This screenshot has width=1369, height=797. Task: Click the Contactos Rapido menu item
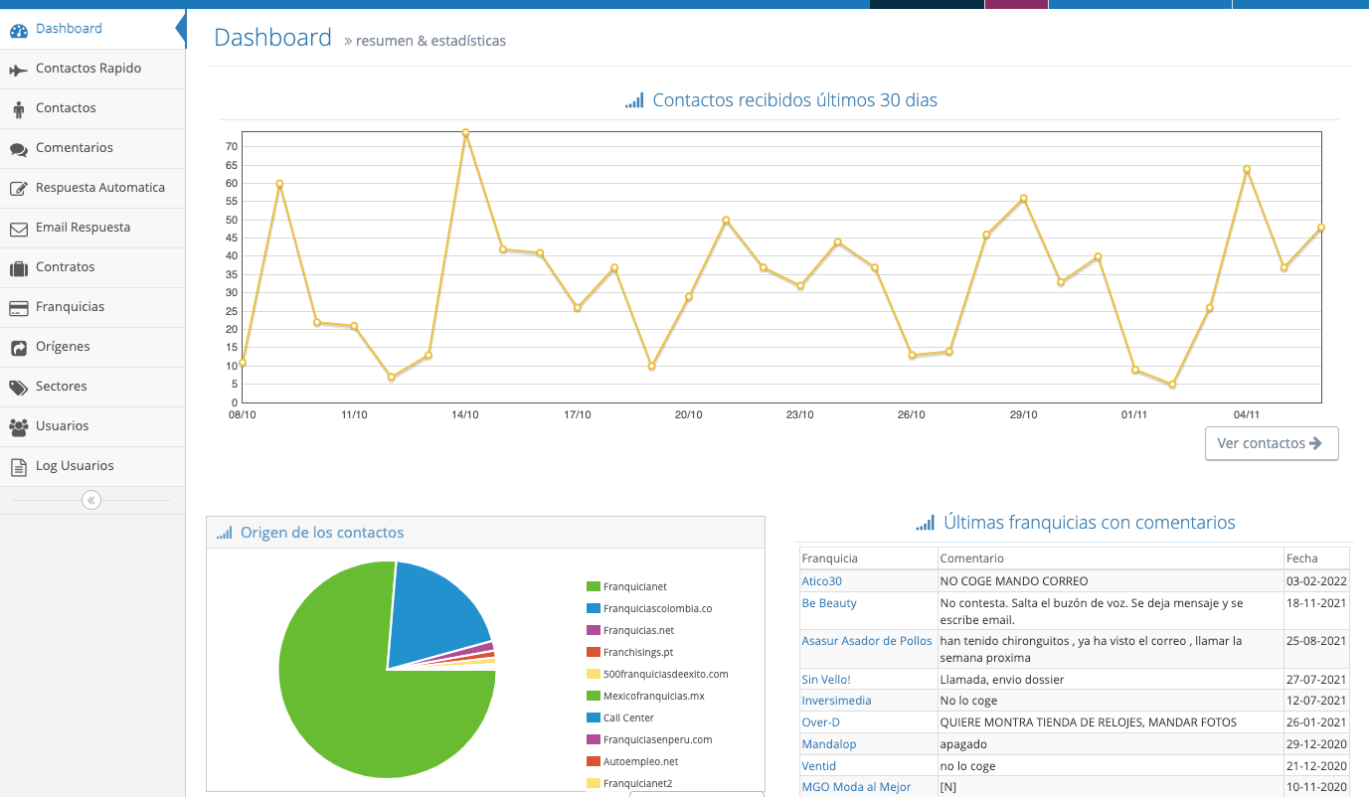[x=88, y=69]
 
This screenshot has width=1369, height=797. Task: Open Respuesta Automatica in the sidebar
[x=99, y=188]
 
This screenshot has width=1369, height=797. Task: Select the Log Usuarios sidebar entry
[x=75, y=466]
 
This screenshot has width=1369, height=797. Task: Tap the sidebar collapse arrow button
[x=91, y=500]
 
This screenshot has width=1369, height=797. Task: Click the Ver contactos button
[x=1272, y=443]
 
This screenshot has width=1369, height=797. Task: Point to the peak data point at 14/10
[x=465, y=132]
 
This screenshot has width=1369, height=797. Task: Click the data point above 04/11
[x=1247, y=169]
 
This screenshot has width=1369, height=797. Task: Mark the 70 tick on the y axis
[x=232, y=146]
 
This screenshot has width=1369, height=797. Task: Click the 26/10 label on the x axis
[x=912, y=414]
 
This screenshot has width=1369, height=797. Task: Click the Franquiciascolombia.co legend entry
[x=649, y=608]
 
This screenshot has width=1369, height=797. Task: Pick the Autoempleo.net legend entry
[x=632, y=761]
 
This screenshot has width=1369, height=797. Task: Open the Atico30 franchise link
[x=821, y=581]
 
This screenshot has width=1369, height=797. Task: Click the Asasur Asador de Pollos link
[x=867, y=641]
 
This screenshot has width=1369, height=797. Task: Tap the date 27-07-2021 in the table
[x=1316, y=679]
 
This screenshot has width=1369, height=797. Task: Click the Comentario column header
[x=971, y=558]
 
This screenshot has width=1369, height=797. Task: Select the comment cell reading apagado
[x=963, y=744]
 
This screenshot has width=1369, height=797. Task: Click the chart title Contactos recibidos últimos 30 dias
[x=794, y=100]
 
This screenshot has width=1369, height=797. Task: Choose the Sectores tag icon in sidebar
[x=18, y=388]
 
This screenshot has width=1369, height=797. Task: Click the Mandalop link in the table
[x=829, y=744]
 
